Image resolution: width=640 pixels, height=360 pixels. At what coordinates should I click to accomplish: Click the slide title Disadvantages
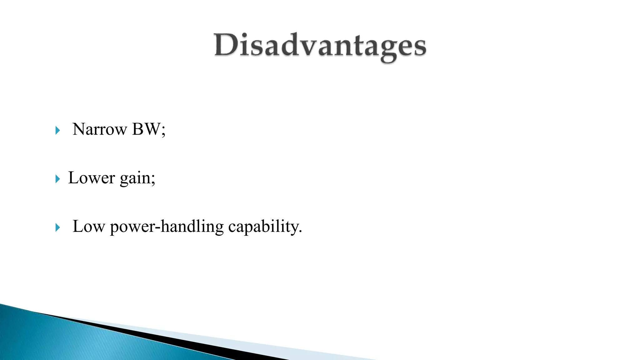[320, 46]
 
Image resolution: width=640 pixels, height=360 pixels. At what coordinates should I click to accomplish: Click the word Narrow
[100, 129]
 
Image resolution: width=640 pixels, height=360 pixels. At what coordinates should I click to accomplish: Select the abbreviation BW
[146, 129]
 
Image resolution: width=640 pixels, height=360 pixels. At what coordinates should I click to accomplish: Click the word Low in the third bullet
[88, 226]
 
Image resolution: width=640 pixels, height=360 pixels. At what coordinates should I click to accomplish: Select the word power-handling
[167, 227]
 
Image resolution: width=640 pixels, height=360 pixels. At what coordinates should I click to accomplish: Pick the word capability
[263, 227]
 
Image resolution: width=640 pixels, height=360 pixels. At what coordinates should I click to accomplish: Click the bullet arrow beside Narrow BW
[57, 130]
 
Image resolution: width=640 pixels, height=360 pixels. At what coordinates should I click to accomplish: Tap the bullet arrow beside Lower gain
[57, 179]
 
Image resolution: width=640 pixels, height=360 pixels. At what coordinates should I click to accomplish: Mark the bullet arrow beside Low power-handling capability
[57, 227]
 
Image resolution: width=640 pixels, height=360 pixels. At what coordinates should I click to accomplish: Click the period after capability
[300, 232]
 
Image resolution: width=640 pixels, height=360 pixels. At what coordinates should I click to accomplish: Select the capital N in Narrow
[79, 129]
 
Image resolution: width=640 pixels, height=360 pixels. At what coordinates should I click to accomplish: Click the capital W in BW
[152, 129]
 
